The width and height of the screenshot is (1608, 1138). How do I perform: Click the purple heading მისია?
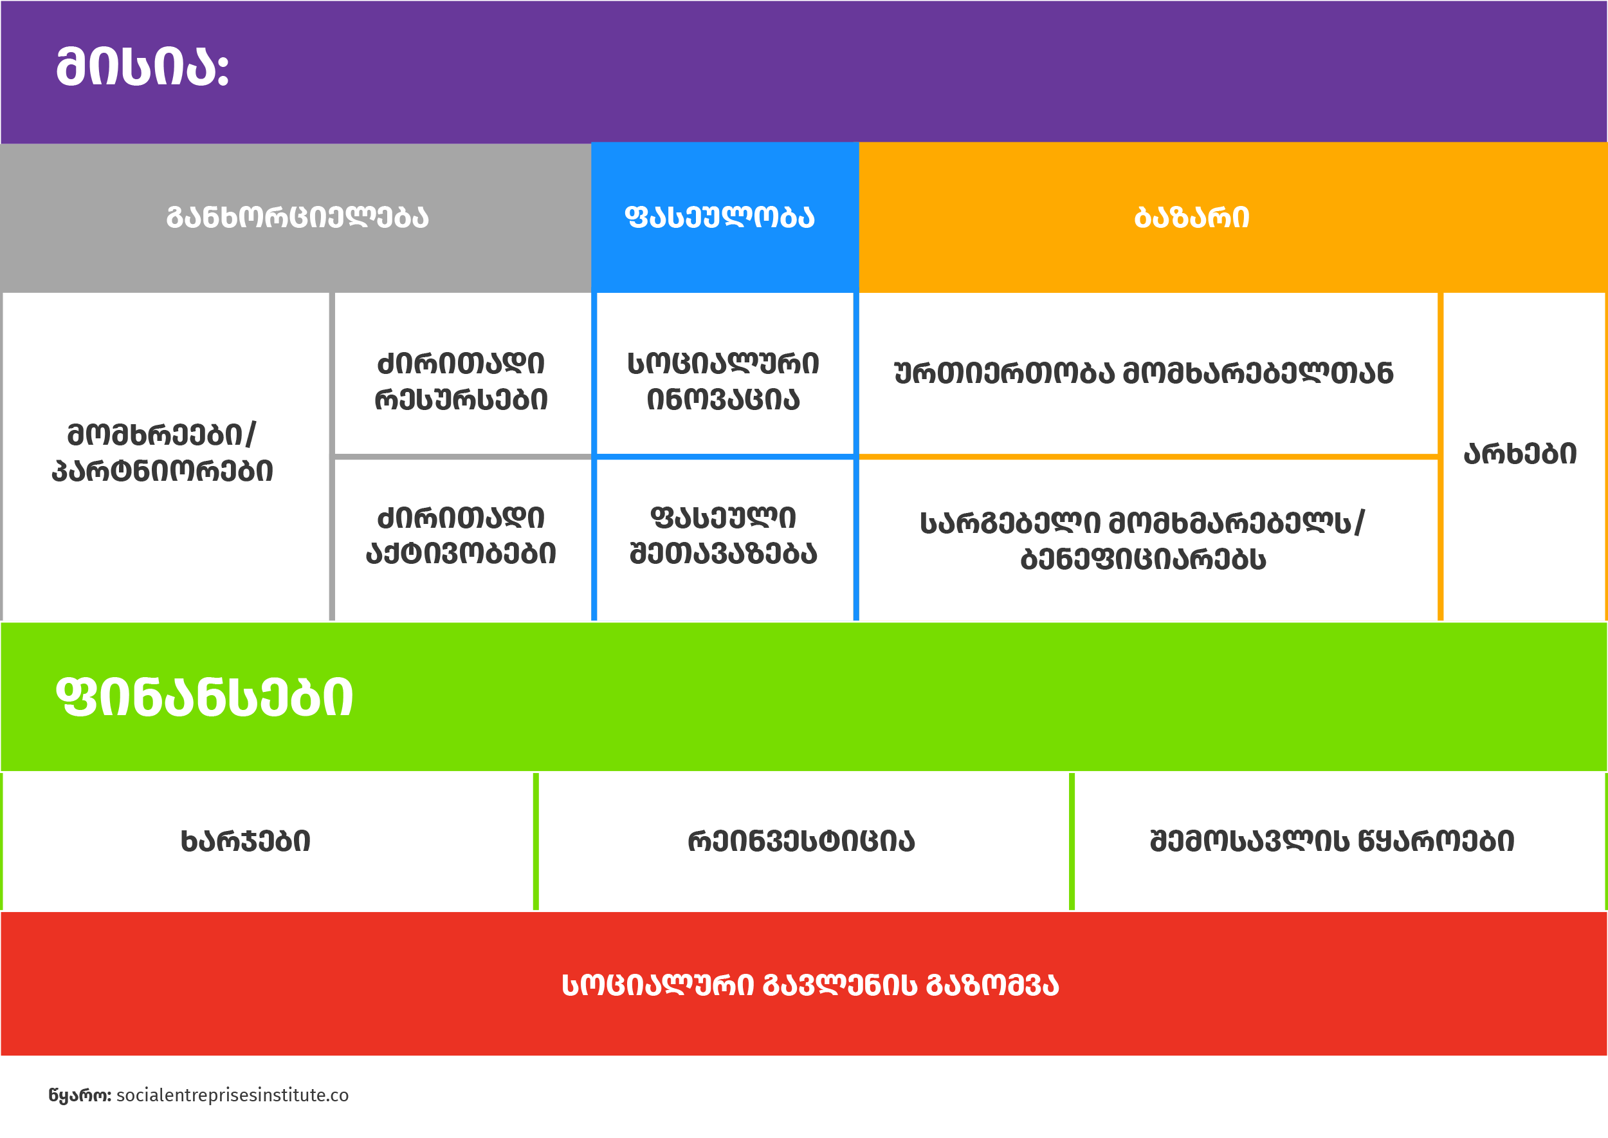[x=142, y=68]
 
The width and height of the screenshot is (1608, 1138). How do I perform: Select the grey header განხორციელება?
[x=297, y=217]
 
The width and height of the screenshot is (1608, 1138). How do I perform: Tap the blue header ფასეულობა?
[x=720, y=217]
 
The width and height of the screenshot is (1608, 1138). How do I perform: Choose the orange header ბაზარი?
[x=1192, y=217]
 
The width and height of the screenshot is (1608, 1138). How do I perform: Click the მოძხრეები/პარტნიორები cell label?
[x=163, y=452]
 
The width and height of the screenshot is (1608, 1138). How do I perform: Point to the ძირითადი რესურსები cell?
[x=461, y=381]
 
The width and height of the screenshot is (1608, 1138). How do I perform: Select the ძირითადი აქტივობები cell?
[x=461, y=536]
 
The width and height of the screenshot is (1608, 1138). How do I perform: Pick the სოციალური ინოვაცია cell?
[x=724, y=381]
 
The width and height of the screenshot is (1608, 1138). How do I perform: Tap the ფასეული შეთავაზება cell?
[x=724, y=536]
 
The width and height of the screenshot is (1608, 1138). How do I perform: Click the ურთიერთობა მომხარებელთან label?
[x=1144, y=373]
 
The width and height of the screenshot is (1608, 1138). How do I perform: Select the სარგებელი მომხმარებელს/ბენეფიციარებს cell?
[x=1143, y=540]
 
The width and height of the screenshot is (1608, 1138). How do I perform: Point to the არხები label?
[x=1521, y=454]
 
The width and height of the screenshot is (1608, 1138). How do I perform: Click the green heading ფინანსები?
[x=205, y=697]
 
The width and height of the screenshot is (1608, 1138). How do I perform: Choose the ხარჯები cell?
[x=246, y=841]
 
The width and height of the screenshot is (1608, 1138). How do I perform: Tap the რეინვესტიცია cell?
[x=801, y=841]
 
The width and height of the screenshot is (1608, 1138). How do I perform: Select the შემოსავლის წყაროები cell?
[x=1332, y=841]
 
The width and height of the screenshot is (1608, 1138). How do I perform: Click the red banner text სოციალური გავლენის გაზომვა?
[x=810, y=985]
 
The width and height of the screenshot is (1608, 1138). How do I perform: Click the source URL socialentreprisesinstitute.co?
[x=232, y=1096]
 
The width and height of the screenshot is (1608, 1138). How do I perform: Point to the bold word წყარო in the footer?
[x=78, y=1096]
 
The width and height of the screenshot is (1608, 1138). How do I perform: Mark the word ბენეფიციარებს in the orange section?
[x=1143, y=559]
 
